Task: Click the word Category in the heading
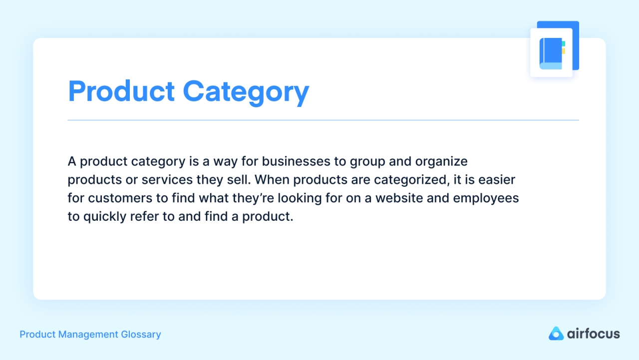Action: (246, 92)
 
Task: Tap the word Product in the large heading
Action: (121, 91)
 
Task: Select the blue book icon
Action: (551, 53)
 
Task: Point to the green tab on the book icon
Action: (564, 43)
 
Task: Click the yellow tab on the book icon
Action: (564, 51)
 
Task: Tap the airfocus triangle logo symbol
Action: (556, 334)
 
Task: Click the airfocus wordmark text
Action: (594, 334)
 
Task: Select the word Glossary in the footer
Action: (141, 335)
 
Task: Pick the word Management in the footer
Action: (88, 335)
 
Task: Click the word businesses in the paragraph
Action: (296, 161)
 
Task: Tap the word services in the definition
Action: (167, 180)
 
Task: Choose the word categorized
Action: (412, 180)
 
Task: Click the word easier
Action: (497, 180)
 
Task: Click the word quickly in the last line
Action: (105, 217)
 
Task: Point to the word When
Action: (272, 180)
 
